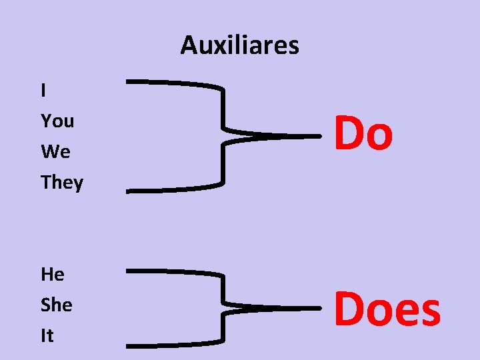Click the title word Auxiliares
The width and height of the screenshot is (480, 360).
tap(239, 45)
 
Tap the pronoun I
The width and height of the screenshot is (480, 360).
tap(43, 91)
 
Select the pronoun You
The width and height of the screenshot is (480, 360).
tap(57, 121)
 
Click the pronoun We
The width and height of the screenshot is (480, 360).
tap(55, 152)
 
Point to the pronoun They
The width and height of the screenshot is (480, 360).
tap(62, 183)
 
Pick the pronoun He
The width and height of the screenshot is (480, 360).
tap(52, 274)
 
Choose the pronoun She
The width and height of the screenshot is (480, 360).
tap(56, 305)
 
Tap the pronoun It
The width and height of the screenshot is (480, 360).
tap(47, 335)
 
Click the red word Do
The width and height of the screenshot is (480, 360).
tap(363, 133)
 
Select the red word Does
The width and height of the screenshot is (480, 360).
tap(387, 310)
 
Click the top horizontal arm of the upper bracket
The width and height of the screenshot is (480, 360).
tap(173, 83)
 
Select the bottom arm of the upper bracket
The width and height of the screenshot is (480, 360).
tap(173, 188)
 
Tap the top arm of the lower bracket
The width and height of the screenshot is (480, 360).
tap(173, 272)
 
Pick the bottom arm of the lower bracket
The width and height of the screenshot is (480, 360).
tap(173, 345)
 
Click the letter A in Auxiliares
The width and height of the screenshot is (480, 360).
tap(189, 45)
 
